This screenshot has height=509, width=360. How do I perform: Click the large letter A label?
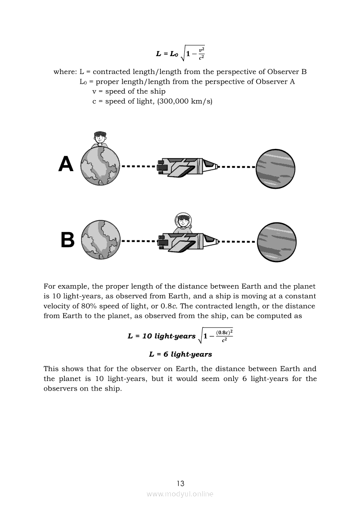[66, 164]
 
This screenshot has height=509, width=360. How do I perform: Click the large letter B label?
[67, 240]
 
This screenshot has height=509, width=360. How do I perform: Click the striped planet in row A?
[275, 169]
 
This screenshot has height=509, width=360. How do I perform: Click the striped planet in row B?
[276, 242]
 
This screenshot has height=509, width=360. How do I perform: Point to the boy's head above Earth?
[100, 137]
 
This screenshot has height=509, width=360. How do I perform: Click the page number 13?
[180, 483]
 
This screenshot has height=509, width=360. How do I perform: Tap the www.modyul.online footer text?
[180, 494]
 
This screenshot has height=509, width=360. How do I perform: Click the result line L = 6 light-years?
[180, 354]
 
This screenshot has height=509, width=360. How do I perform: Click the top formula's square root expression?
[194, 54]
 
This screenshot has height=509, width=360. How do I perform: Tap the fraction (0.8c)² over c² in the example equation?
[224, 336]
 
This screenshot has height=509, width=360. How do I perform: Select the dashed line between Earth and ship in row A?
[138, 166]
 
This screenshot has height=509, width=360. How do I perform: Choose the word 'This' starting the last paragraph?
[51, 369]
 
